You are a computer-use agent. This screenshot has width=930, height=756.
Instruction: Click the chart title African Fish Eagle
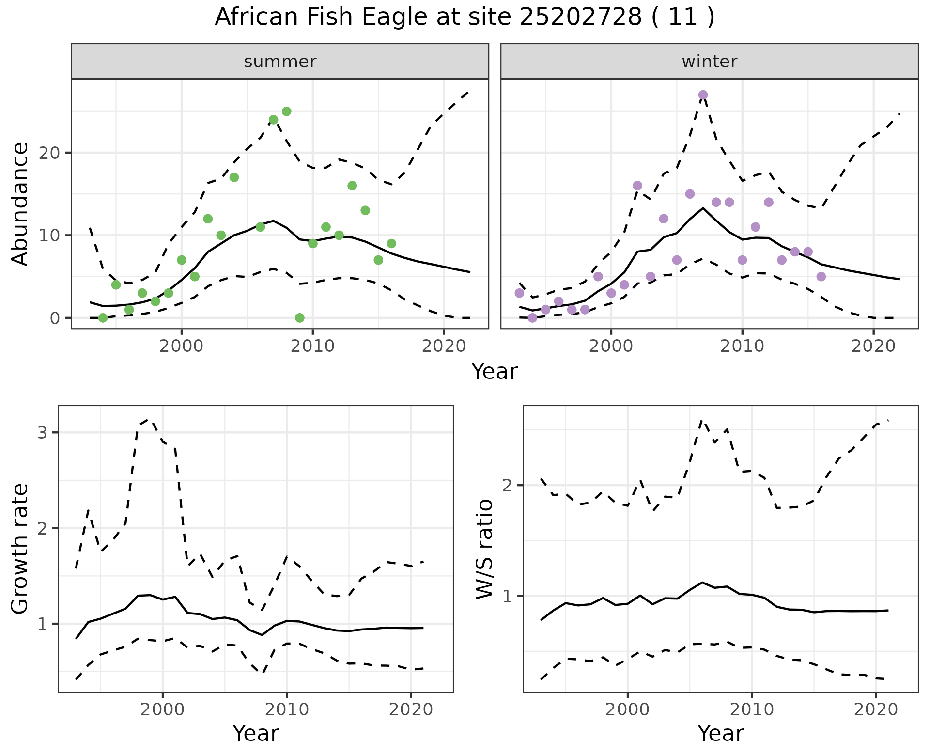pyautogui.click(x=465, y=17)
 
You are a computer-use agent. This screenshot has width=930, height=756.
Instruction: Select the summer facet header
pyautogui.click(x=280, y=62)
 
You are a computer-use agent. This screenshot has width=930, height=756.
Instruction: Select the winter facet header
pyautogui.click(x=709, y=62)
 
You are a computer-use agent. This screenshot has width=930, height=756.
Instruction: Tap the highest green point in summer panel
pyautogui.click(x=286, y=111)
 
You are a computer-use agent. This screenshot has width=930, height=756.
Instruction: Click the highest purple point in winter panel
pyautogui.click(x=703, y=95)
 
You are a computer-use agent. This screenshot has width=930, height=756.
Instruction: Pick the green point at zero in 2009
pyautogui.click(x=300, y=318)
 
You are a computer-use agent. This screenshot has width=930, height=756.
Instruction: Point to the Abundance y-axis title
pyautogui.click(x=20, y=204)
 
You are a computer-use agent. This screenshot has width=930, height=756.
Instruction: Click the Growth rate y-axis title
pyautogui.click(x=20, y=549)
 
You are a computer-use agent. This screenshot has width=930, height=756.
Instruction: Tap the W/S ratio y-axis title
pyautogui.click(x=484, y=549)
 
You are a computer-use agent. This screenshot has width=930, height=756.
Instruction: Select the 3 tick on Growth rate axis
pyautogui.click(x=42, y=432)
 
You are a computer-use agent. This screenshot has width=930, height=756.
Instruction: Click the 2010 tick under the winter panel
pyautogui.click(x=742, y=346)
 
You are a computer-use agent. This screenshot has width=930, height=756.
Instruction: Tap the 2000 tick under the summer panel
pyautogui.click(x=182, y=346)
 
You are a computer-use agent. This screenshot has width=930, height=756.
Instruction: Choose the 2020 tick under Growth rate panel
pyautogui.click(x=411, y=709)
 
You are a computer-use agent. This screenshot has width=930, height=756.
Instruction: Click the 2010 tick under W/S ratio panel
pyautogui.click(x=751, y=709)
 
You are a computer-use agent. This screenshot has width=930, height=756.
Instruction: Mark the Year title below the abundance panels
pyautogui.click(x=495, y=372)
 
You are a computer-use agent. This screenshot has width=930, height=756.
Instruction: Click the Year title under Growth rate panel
pyautogui.click(x=256, y=734)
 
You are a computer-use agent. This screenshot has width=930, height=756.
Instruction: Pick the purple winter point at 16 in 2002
pyautogui.click(x=637, y=186)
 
